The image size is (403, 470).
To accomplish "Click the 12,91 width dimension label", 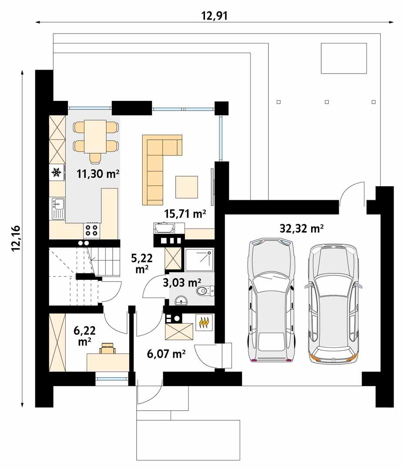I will click(215, 16).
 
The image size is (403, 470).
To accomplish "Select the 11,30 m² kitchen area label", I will click(98, 174).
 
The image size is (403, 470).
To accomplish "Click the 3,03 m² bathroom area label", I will click(182, 283).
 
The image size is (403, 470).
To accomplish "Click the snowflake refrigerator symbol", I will click(56, 173).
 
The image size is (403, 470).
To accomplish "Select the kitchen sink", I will click(57, 208).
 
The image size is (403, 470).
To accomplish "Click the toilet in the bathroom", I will click(205, 290).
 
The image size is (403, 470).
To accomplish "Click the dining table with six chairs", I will click(96, 136).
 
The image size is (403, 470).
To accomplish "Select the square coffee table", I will click(187, 186).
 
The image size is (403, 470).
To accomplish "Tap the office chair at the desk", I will click(107, 348).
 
